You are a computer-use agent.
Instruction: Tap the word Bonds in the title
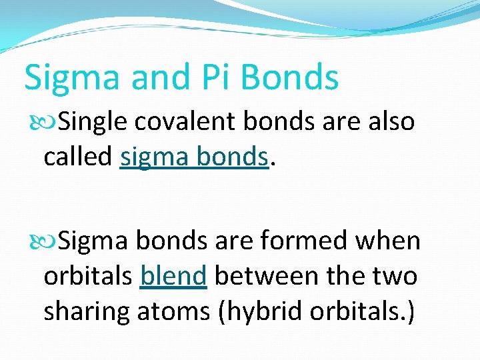tap(290, 77)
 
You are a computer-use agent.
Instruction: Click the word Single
tap(95, 122)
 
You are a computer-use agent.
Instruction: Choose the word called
tap(78, 157)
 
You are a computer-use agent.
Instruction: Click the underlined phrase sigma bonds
tap(194, 158)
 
